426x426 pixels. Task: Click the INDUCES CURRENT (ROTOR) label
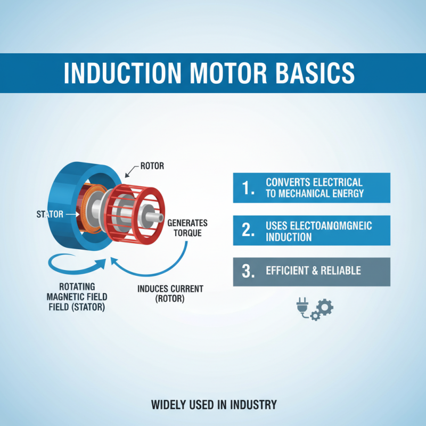[170, 293]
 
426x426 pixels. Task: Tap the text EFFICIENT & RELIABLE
[313, 271]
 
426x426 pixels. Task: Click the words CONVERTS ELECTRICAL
[314, 183]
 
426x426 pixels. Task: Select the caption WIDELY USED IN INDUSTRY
[214, 405]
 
